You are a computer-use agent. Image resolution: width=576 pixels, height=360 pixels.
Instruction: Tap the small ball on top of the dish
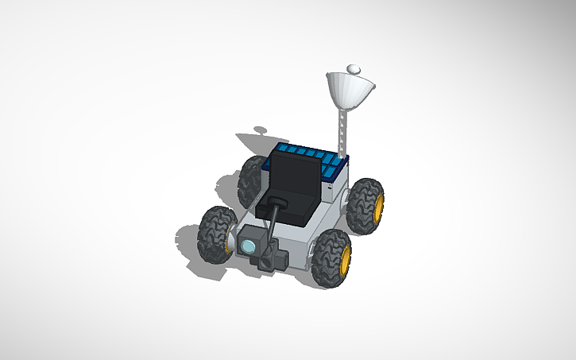354,69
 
